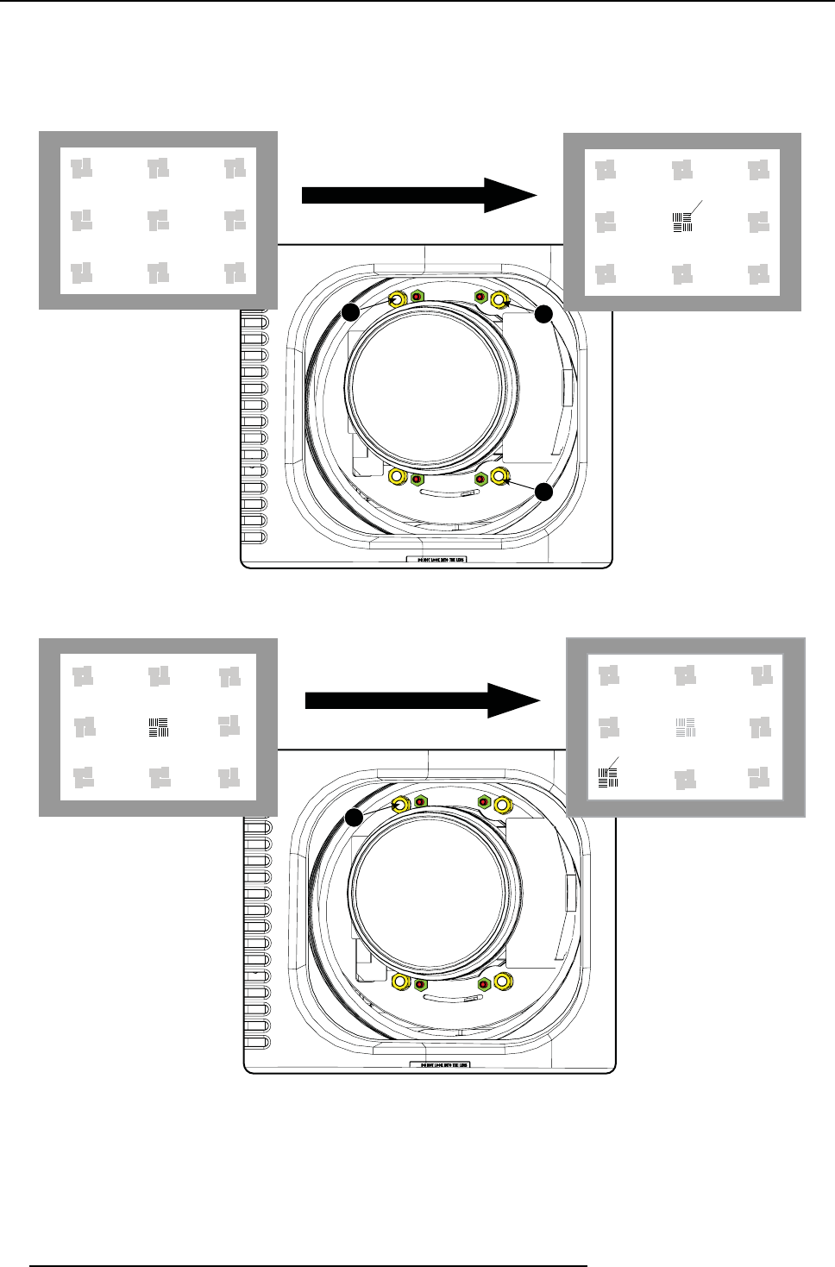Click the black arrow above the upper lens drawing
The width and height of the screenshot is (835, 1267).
419,196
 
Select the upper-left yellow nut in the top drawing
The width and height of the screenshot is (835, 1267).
398,300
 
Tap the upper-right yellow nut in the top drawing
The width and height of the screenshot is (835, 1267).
499,300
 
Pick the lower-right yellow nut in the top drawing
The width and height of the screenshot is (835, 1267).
499,476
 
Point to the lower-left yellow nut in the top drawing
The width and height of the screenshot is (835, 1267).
398,476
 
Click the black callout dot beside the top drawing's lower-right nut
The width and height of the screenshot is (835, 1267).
543,492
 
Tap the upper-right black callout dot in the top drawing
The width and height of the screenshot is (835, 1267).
543,315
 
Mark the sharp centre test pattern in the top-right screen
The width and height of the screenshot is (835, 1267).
682,223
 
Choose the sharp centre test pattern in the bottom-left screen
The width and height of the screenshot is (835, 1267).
157,727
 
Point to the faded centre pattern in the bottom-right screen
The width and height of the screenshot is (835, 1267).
686,727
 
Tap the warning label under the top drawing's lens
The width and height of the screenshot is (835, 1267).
436,559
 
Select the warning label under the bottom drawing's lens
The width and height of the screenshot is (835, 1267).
440,1065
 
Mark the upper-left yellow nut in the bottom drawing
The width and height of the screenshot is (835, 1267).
401,805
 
